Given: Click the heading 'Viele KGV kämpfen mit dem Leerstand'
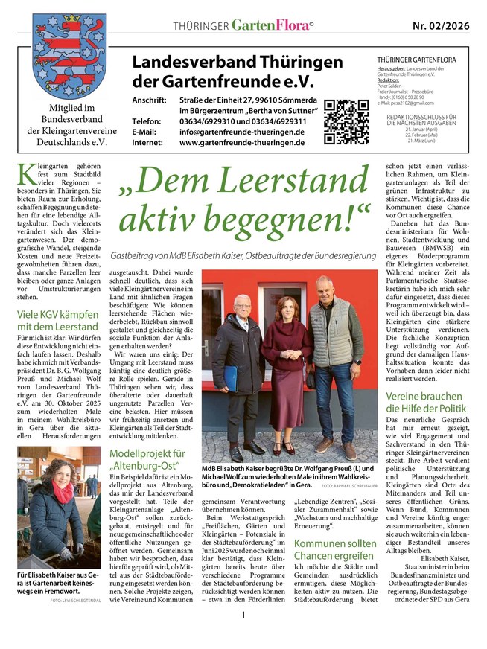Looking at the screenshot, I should pyautogui.click(x=57, y=319).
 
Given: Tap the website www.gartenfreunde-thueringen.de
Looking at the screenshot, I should pyautogui.click(x=242, y=143).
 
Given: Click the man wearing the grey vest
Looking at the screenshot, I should pyautogui.click(x=343, y=357).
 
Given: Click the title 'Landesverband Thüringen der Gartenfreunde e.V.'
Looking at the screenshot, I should pyautogui.click(x=227, y=72).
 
